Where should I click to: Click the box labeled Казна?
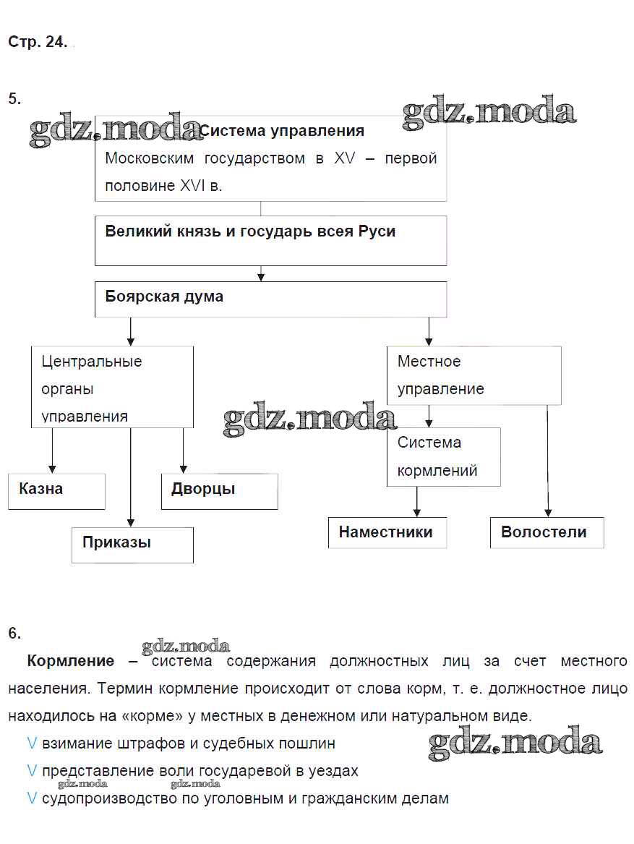click(56, 491)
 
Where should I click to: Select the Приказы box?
click(132, 544)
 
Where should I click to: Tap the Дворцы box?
click(219, 491)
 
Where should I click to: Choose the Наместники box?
click(387, 532)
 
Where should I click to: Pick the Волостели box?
click(547, 532)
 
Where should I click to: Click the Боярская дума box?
click(270, 299)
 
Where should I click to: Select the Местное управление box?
click(474, 375)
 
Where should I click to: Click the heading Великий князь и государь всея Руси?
click(250, 232)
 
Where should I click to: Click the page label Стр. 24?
click(38, 42)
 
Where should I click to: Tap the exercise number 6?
click(14, 633)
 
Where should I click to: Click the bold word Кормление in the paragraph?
click(71, 660)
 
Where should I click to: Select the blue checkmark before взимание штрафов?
click(32, 743)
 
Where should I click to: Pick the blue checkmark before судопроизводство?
click(32, 798)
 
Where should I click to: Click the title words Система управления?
click(282, 131)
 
